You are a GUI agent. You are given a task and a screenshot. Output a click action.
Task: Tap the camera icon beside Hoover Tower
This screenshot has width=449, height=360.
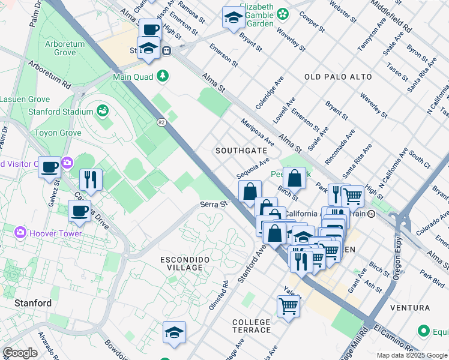pos(21,232)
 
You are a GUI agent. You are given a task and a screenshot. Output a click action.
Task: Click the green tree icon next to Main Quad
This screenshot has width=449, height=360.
pos(161,76)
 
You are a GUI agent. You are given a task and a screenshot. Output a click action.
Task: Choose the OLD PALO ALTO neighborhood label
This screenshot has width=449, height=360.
pos(338,77)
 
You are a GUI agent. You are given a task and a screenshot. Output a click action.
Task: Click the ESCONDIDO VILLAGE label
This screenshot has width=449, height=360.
pos(185,264)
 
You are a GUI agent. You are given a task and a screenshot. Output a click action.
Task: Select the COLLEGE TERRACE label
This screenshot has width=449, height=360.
pos(252,326)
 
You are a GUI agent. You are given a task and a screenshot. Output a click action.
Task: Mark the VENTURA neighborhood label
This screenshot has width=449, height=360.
pos(410,307)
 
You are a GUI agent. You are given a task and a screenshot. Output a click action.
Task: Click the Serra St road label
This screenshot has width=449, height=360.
pos(214,205)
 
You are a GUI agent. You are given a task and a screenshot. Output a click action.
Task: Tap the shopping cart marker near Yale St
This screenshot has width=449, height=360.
pos(289,306)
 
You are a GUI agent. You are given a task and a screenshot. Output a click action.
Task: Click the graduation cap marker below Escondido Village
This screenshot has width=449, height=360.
pos(174,332)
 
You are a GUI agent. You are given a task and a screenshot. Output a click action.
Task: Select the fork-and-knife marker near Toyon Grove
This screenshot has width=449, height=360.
pos(91,179)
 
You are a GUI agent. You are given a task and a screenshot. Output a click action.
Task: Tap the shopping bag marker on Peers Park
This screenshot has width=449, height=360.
pos(295,178)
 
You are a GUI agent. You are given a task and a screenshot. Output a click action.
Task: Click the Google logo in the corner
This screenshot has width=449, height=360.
pos(20,353)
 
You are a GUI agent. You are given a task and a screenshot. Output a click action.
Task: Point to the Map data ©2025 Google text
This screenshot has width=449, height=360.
pos(411,355)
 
